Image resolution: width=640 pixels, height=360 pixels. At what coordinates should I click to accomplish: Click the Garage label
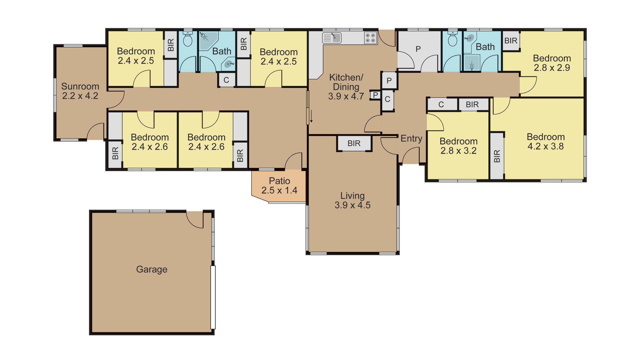[152, 269]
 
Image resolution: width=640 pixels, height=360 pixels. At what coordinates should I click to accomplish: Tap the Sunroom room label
[80, 86]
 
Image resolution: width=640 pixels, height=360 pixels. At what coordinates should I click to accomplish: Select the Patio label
[279, 181]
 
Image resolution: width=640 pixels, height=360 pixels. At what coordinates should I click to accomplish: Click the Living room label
[352, 196]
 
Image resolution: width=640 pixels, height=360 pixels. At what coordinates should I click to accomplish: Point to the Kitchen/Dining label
[346, 82]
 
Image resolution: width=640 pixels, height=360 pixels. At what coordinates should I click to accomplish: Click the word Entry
[411, 138]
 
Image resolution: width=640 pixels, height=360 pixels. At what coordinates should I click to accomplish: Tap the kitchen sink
[332, 38]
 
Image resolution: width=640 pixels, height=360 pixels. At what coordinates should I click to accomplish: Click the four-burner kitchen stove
[370, 38]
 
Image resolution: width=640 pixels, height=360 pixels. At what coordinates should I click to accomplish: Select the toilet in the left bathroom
[188, 39]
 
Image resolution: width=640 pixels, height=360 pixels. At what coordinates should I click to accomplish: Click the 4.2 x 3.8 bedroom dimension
[546, 146]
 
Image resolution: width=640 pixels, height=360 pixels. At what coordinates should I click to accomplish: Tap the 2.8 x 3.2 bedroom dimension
[458, 151]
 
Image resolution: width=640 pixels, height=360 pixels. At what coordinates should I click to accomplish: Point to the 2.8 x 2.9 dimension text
[552, 68]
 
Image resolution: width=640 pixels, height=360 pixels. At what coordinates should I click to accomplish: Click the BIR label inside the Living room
[354, 143]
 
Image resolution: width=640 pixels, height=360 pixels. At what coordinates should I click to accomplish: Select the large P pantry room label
[418, 49]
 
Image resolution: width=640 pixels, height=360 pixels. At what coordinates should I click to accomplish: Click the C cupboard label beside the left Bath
[226, 80]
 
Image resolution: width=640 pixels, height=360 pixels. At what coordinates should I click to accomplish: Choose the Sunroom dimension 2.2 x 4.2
[80, 96]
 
